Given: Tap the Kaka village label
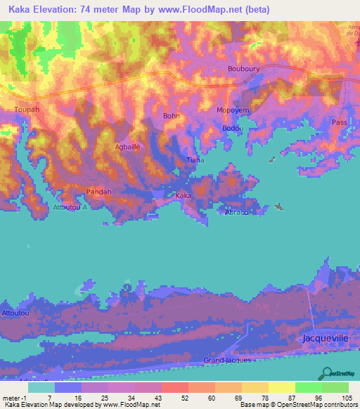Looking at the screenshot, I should [x=184, y=195].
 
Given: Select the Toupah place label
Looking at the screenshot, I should [x=27, y=110].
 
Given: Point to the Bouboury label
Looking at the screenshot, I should [x=244, y=69].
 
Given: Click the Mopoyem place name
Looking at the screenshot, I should [x=233, y=111].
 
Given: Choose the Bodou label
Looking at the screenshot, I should [x=232, y=128].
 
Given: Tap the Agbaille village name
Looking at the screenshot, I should [x=128, y=147].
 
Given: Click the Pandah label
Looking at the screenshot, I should [x=98, y=191].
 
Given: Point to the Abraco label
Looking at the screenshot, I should [x=236, y=212].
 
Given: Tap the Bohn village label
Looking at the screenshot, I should [x=172, y=116].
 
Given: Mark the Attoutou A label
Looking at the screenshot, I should [x=70, y=207].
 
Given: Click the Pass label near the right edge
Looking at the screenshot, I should [x=340, y=122].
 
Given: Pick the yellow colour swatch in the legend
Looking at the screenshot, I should [x=281, y=387].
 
